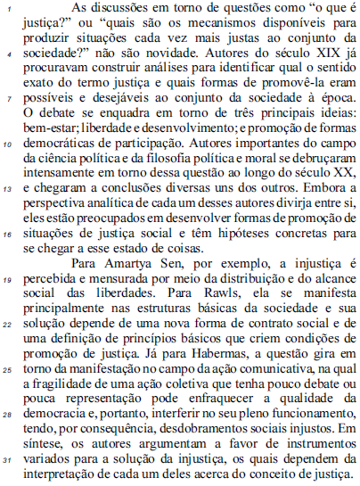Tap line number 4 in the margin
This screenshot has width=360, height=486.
pyautogui.click(x=8, y=53)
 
